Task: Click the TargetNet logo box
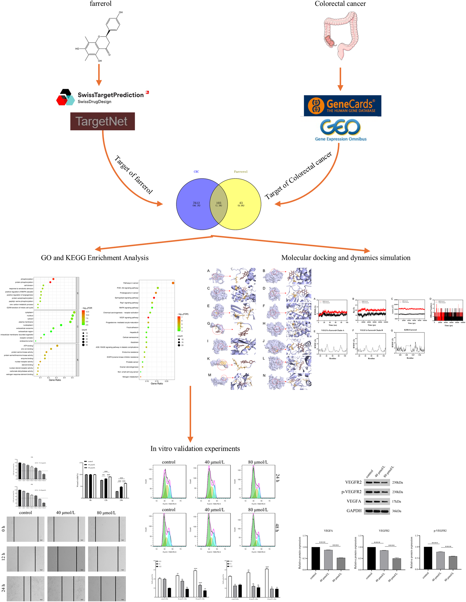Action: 102,121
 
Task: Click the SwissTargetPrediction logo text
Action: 110,95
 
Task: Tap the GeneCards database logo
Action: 342,106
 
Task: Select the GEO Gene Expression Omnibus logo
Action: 341,130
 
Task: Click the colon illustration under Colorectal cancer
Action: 340,34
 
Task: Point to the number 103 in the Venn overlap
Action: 219,203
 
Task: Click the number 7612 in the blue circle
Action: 196,203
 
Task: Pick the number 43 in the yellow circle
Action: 241,203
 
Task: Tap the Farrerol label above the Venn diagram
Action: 241,171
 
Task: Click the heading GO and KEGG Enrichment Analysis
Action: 95,258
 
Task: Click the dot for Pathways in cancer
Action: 173,283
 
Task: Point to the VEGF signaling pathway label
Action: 129,318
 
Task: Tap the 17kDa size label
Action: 396,501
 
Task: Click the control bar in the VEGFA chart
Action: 315,558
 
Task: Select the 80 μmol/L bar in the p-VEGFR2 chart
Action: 453,562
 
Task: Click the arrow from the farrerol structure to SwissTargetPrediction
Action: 99,75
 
